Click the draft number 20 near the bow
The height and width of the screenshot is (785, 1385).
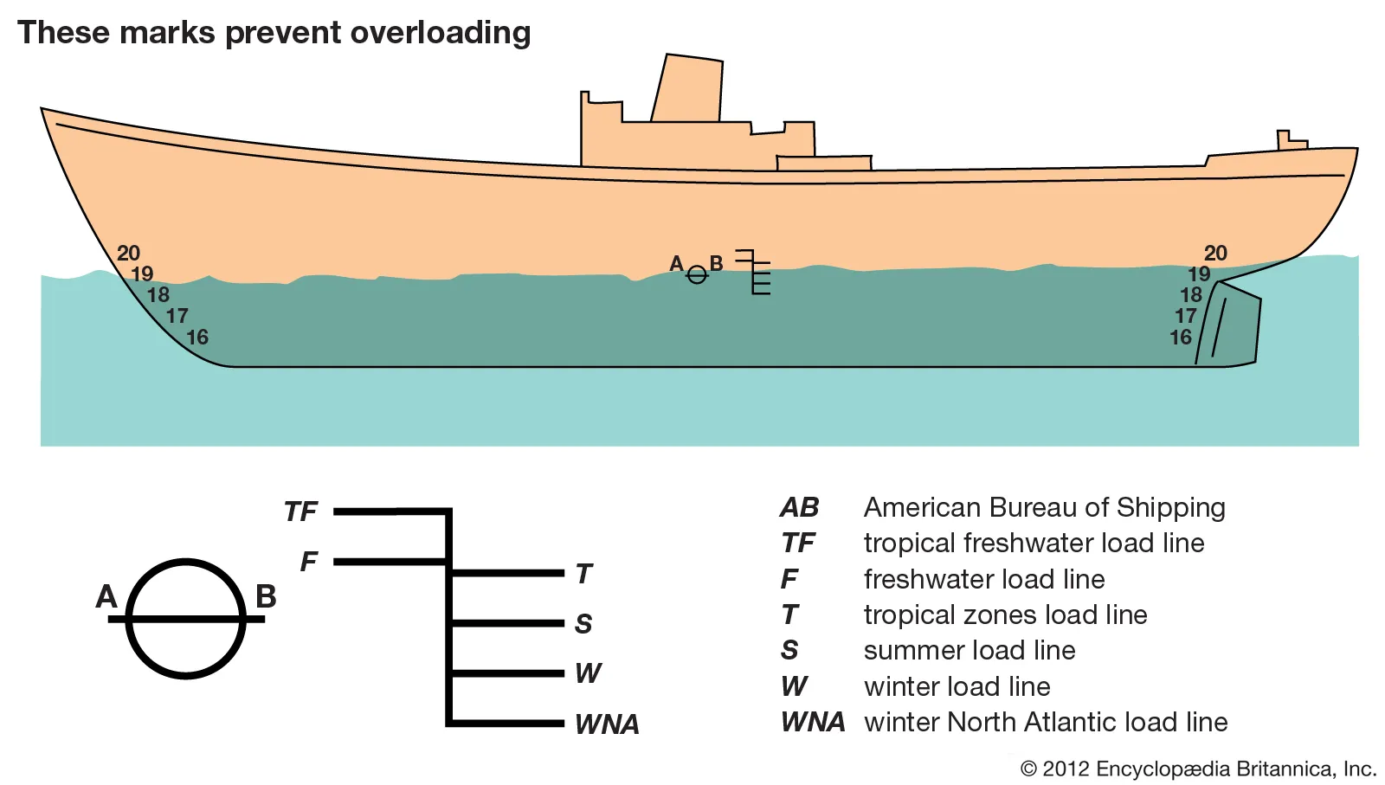pyautogui.click(x=128, y=254)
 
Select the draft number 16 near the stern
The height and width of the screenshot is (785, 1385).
pyautogui.click(x=1181, y=338)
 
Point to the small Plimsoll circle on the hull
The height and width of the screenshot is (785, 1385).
pyautogui.click(x=697, y=275)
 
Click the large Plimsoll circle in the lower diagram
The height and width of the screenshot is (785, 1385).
pyautogui.click(x=186, y=618)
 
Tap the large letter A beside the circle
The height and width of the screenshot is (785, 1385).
pyautogui.click(x=106, y=596)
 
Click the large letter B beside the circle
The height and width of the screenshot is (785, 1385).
pyautogui.click(x=266, y=596)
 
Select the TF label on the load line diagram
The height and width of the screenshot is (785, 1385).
pyautogui.click(x=301, y=512)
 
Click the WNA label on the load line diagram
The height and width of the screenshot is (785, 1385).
pyautogui.click(x=607, y=724)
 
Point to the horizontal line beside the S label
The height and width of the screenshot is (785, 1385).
pyautogui.click(x=507, y=622)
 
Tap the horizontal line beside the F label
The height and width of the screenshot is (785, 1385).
pyautogui.click(x=390, y=562)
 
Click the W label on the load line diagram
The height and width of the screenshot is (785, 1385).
pyautogui.click(x=588, y=673)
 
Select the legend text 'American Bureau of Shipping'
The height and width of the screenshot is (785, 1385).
pyautogui.click(x=1044, y=507)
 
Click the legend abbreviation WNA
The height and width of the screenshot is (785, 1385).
pyautogui.click(x=812, y=722)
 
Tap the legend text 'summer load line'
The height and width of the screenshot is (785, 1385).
pyautogui.click(x=969, y=650)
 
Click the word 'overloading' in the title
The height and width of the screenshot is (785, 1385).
pyautogui.click(x=441, y=33)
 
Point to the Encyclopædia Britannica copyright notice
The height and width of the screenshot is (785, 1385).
pyautogui.click(x=1198, y=769)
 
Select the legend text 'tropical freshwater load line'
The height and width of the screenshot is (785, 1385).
pyautogui.click(x=1034, y=543)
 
